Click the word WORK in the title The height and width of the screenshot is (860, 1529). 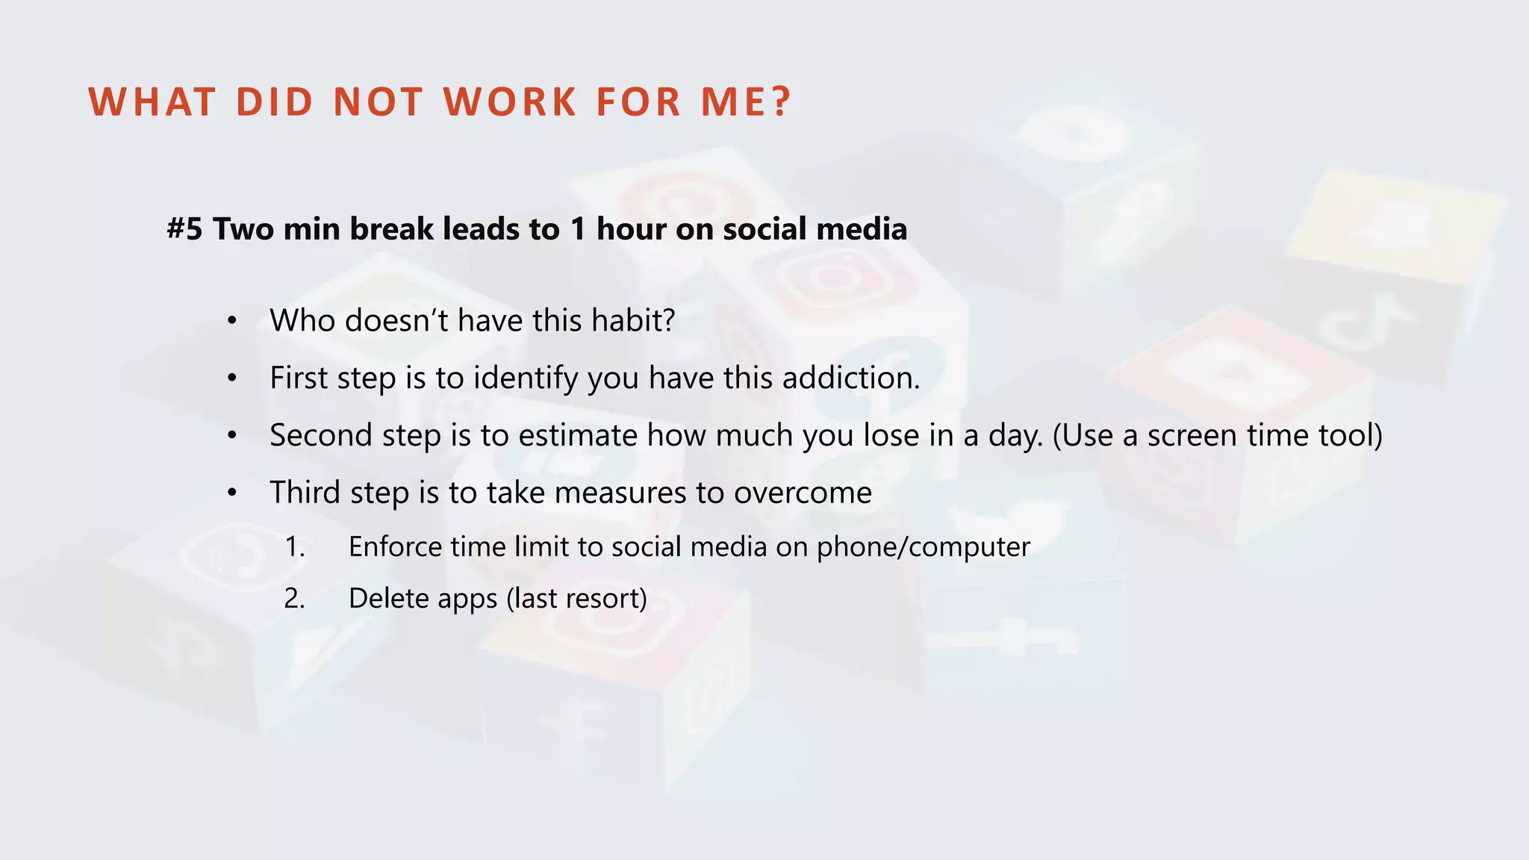511,102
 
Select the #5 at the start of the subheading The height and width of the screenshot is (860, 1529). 184,229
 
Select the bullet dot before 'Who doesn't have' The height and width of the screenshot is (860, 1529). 232,322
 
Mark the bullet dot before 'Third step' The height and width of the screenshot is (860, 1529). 232,493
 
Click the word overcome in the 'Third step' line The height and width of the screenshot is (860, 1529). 803,493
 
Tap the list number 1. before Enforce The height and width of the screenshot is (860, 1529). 295,547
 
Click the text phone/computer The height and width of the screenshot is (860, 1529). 923,548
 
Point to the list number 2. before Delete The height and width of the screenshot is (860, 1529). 295,599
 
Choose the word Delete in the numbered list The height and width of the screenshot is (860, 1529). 388,599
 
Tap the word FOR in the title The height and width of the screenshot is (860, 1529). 638,102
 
